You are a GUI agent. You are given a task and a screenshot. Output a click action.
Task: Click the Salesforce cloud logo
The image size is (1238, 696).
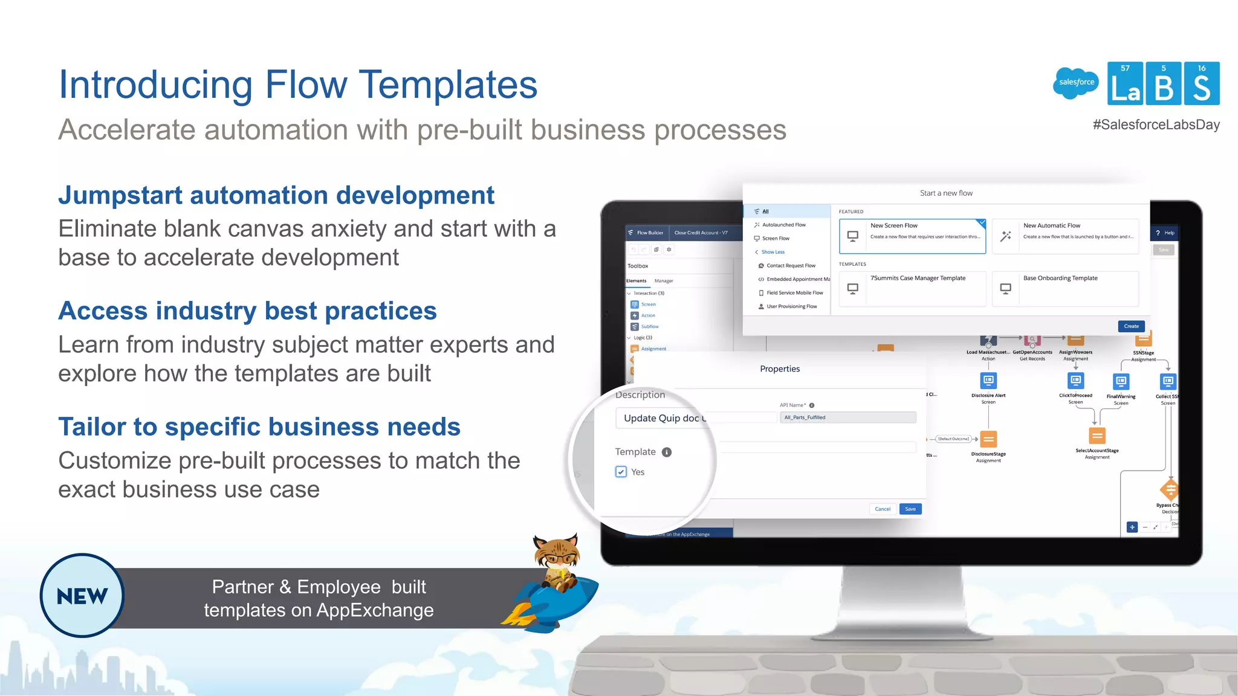(1076, 83)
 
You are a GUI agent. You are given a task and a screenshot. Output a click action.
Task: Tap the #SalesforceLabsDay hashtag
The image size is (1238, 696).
(1156, 125)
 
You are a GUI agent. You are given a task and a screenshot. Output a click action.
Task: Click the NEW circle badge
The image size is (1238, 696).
(82, 596)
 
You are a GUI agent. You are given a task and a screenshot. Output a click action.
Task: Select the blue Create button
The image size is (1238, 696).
(1131, 326)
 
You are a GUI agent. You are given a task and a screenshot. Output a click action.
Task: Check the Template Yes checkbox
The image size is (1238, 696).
(621, 472)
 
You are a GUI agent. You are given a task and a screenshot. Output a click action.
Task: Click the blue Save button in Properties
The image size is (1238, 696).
(910, 509)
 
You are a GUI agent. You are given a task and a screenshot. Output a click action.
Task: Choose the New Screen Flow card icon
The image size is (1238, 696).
(853, 236)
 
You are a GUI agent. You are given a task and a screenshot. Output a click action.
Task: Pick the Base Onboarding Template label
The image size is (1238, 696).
(1060, 279)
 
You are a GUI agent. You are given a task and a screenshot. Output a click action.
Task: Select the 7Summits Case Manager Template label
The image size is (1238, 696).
(918, 279)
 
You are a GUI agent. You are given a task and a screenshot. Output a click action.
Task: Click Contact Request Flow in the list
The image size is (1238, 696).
(791, 266)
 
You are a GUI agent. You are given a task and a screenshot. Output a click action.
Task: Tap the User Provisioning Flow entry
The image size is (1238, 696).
(791, 306)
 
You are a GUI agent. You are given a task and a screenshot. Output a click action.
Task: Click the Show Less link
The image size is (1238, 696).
(773, 252)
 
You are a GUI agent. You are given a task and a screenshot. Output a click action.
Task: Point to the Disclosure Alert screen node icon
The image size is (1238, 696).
(988, 381)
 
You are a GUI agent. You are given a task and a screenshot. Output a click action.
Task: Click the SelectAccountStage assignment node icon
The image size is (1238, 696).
(1097, 436)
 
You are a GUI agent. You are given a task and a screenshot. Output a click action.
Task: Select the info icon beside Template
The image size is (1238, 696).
(667, 452)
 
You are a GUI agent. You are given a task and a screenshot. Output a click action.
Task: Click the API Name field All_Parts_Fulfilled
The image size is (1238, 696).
(847, 417)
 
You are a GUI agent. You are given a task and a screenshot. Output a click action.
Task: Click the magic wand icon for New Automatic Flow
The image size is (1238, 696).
(1006, 236)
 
